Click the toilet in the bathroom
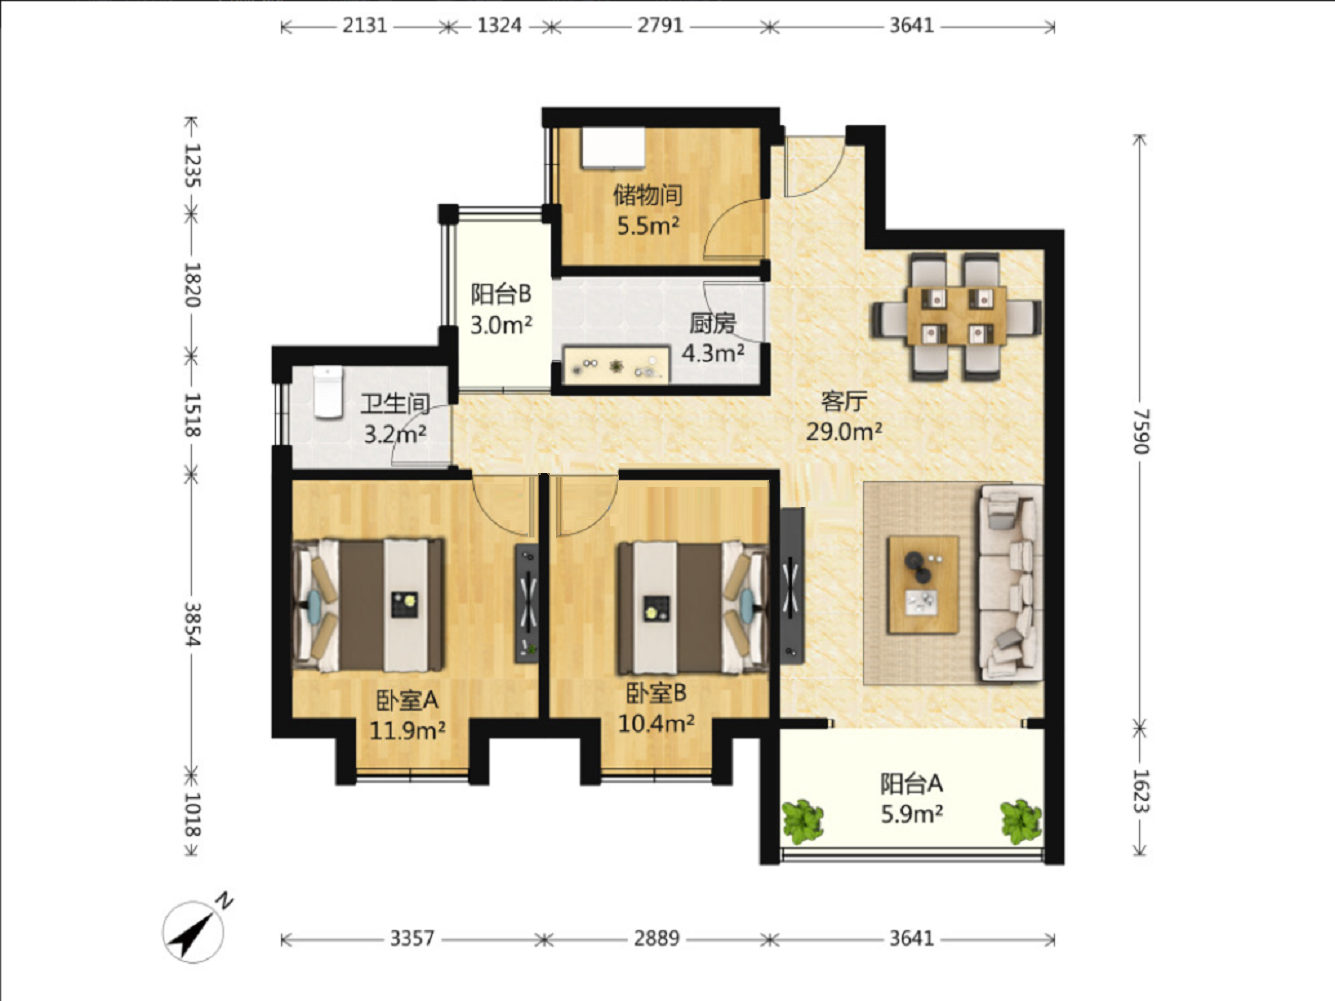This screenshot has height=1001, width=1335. coord(328,392)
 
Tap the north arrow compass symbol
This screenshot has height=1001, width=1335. coord(196,929)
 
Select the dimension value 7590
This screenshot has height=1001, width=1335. coord(1141,431)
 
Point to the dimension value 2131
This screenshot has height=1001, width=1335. coord(364,26)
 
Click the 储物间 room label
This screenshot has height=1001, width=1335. coord(647,195)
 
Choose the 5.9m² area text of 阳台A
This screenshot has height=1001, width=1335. coord(912,814)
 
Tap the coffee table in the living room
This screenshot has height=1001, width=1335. coord(923,584)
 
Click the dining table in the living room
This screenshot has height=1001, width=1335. coord(957,316)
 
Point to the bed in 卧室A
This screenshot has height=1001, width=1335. coord(369,604)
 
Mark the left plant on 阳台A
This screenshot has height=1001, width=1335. coord(802,822)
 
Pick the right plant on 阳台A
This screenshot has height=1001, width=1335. coord(1021,822)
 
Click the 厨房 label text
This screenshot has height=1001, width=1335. coord(712,324)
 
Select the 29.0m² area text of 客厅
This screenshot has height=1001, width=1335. coord(844,431)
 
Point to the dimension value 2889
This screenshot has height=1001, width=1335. coord(656,938)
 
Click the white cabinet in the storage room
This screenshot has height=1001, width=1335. coord(612,147)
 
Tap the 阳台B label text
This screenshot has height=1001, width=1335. coord(501,294)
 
